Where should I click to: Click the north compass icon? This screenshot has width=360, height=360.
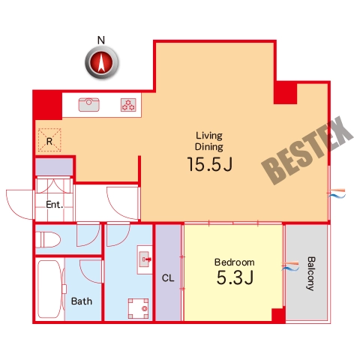click(x=102, y=61)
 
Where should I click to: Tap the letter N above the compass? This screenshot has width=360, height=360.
click(x=101, y=40)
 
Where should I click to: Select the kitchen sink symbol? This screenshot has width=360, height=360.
click(x=89, y=105)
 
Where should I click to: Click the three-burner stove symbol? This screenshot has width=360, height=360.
click(x=128, y=105)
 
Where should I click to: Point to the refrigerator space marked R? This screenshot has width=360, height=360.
click(x=49, y=140)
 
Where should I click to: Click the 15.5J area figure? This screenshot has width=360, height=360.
click(x=210, y=164)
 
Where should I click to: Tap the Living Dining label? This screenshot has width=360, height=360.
click(x=209, y=141)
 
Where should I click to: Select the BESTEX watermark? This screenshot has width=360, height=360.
click(x=307, y=151)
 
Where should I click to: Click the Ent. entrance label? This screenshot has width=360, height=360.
click(x=54, y=205)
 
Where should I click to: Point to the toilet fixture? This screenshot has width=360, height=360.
click(x=48, y=239)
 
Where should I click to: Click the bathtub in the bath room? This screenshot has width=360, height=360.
click(x=50, y=289)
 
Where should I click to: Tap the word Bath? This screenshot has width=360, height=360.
click(x=82, y=301)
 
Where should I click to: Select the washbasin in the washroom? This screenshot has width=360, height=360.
click(x=145, y=259)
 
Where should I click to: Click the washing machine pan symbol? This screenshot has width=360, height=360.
click(x=138, y=308)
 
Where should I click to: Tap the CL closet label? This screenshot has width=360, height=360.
click(x=168, y=278)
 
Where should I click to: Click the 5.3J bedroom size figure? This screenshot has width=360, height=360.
click(x=235, y=277)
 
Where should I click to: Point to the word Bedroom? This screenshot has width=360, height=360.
click(x=235, y=262)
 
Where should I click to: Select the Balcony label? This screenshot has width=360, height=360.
click(x=310, y=274)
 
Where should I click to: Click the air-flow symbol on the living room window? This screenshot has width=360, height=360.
click(x=337, y=193)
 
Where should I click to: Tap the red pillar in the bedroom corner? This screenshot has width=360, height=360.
click(x=278, y=316)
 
